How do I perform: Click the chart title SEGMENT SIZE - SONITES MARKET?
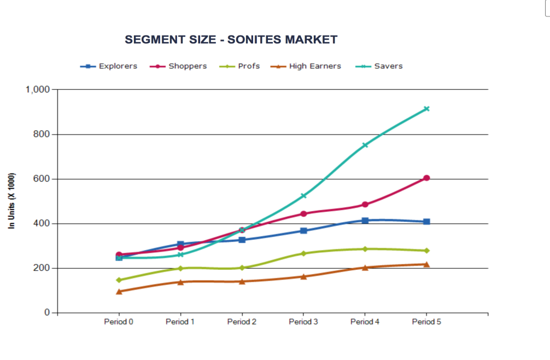point(231,40)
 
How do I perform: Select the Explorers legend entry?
point(118,66)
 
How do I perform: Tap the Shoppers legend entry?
point(188,66)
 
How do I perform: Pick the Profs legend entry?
point(249,66)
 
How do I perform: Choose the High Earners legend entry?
point(315,66)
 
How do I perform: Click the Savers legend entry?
point(388,66)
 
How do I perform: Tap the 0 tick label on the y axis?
point(47,313)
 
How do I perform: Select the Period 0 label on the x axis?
point(119,322)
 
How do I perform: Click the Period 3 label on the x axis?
point(303,322)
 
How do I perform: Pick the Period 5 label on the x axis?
point(426,322)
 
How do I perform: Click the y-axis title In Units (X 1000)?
point(12,201)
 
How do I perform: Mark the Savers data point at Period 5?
point(426,109)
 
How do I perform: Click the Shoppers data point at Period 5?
point(426,178)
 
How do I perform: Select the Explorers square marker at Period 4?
point(365,220)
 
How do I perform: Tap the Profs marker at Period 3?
point(303,253)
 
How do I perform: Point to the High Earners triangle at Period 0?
point(119,292)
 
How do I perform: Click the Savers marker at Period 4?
point(365,145)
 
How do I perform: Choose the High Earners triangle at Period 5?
point(426,264)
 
